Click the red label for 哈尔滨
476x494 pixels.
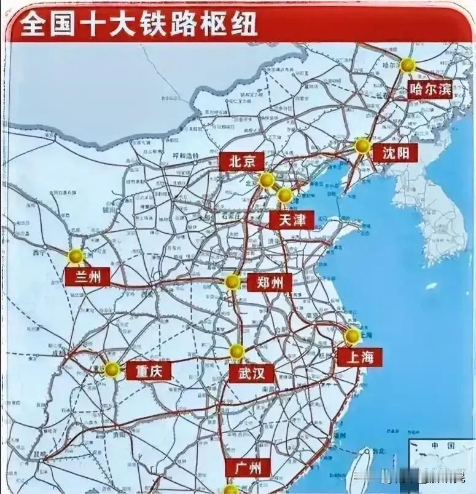[x=430, y=90]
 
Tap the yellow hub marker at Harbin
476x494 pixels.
[x=407, y=65]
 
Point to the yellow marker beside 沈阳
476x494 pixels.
[x=362, y=146]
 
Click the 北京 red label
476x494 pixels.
[x=241, y=162]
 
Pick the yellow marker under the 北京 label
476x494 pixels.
[x=267, y=180]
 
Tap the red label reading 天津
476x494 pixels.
[x=291, y=220]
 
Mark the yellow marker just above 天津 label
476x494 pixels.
[x=284, y=196]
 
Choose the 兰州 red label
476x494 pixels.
[x=87, y=276]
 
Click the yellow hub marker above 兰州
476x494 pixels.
[x=76, y=255]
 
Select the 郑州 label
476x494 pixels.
[x=270, y=282]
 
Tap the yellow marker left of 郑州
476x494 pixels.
[x=232, y=282]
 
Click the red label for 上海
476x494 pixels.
[x=359, y=357]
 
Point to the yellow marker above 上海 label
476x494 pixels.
[x=352, y=336]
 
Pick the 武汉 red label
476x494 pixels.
[x=252, y=372]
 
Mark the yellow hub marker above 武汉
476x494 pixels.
[x=237, y=351]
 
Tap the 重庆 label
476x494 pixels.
[x=148, y=370]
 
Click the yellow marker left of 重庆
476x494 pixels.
[x=112, y=369]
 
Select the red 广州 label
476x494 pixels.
[x=248, y=468]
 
